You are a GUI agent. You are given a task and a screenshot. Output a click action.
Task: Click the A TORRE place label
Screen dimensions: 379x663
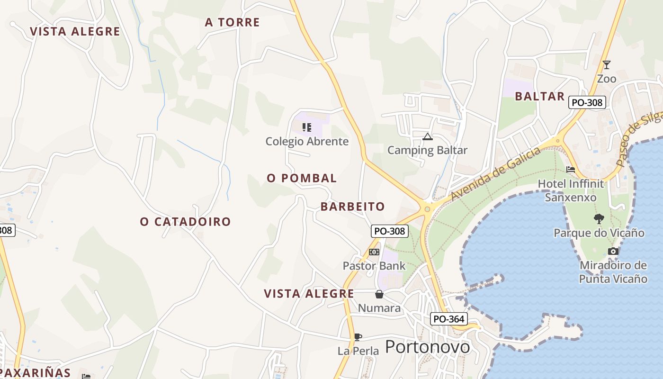[x=232, y=22]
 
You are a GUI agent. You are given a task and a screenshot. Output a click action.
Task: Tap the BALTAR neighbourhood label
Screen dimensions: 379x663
[x=539, y=96]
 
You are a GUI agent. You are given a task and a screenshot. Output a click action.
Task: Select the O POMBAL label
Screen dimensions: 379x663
[x=302, y=178]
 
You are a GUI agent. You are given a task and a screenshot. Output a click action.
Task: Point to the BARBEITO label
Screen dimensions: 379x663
[x=352, y=207]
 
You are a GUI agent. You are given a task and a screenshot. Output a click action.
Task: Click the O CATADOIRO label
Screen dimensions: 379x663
[x=185, y=221]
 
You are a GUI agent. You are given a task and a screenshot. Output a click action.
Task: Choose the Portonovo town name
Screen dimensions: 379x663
[x=427, y=347]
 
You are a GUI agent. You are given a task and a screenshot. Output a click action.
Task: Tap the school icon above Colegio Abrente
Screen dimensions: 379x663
[x=307, y=127]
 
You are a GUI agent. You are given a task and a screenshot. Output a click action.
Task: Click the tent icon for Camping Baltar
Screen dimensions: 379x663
[x=427, y=137]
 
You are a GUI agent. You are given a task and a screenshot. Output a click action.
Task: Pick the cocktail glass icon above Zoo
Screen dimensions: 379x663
[x=606, y=64]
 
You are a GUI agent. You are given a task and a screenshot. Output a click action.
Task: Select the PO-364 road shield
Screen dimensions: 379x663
[x=448, y=319]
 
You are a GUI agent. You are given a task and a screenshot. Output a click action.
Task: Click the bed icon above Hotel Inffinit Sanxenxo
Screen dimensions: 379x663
[x=571, y=169]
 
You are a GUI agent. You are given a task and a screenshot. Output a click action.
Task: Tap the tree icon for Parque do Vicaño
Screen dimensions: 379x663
[x=599, y=218]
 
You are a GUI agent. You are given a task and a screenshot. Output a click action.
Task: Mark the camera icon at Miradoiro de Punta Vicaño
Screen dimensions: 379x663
[x=613, y=252]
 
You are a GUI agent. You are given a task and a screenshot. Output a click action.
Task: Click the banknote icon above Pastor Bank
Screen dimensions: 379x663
[x=374, y=252]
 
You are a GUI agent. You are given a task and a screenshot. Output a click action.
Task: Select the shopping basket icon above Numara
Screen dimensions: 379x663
[x=379, y=294]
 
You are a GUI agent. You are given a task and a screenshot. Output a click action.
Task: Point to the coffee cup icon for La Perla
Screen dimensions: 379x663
[x=358, y=337]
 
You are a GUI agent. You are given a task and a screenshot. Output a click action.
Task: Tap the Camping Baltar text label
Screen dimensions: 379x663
[x=427, y=150]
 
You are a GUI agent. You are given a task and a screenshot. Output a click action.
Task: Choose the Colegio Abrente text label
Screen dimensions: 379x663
[x=307, y=141]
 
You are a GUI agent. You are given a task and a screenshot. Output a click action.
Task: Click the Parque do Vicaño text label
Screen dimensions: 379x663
[x=599, y=233]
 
